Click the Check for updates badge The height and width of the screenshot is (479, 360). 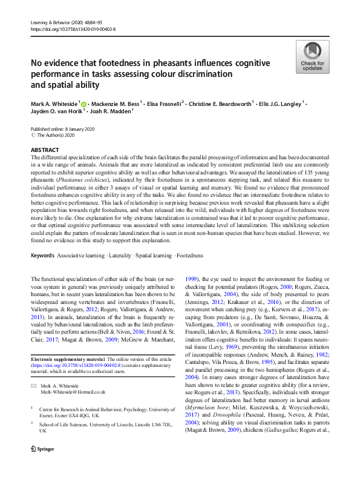click(311, 58)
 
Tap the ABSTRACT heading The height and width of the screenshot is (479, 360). click(45, 149)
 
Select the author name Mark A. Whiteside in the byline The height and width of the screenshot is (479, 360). click(53, 104)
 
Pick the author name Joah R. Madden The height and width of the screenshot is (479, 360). click(112, 112)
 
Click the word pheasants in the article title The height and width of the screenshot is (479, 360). click(154, 63)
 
